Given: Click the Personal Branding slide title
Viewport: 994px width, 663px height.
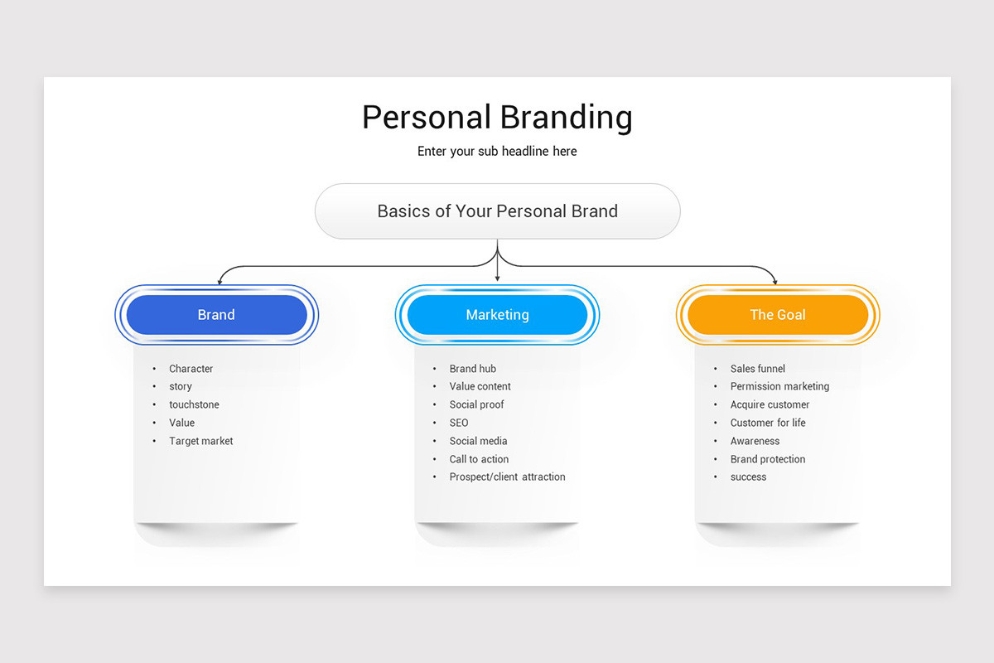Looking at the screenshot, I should click(x=497, y=118).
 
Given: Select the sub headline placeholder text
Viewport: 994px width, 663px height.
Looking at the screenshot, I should click(x=497, y=152).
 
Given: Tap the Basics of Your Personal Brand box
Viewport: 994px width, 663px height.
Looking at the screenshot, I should click(x=497, y=211).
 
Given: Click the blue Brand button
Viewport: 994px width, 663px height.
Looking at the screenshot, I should click(x=216, y=315).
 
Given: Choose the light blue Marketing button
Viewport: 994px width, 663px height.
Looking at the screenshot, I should click(x=497, y=315).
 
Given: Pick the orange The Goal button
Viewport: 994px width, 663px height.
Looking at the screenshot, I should click(x=778, y=315).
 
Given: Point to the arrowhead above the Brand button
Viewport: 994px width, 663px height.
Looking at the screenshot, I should click(x=218, y=281).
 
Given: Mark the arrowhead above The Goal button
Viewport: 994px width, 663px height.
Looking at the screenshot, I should click(x=775, y=281).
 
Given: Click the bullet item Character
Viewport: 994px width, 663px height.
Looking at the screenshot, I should click(x=191, y=369).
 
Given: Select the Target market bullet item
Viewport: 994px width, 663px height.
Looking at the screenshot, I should click(x=200, y=441).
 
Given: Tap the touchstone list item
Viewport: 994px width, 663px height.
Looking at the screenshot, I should click(x=194, y=404).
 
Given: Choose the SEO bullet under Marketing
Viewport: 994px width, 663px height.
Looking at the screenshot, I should click(x=459, y=423).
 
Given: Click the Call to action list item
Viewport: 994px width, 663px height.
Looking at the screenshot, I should click(x=479, y=459).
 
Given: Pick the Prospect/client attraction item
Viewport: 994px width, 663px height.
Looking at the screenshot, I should click(x=507, y=477).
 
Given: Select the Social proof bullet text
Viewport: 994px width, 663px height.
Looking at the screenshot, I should click(x=476, y=404).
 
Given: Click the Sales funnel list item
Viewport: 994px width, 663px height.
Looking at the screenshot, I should click(x=757, y=369).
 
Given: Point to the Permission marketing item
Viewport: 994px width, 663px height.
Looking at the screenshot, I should click(x=779, y=386).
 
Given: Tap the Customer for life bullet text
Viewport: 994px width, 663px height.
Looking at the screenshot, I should click(x=767, y=423).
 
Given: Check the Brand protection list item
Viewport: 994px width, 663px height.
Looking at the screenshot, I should click(x=767, y=459).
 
